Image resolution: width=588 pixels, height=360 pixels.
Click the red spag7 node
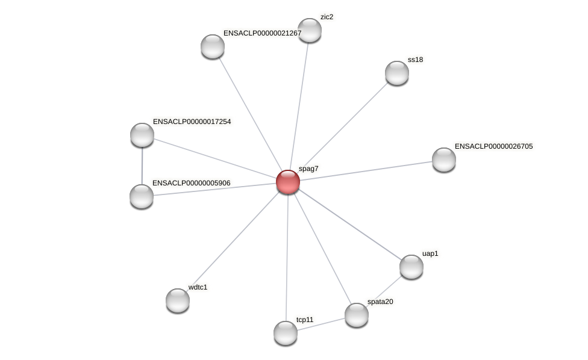click(288, 181)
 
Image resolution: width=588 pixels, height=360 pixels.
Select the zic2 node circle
click(310, 30)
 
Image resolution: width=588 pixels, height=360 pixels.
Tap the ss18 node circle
click(397, 73)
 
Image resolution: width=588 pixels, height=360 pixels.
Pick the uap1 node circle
click(411, 267)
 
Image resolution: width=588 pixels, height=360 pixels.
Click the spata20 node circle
click(357, 315)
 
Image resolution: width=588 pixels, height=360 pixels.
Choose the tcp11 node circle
click(286, 333)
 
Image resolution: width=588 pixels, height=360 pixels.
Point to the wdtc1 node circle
click(178, 300)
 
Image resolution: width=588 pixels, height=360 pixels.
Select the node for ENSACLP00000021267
click(213, 46)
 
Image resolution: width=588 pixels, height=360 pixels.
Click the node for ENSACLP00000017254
click(142, 135)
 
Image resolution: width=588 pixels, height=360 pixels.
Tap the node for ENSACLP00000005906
click(142, 196)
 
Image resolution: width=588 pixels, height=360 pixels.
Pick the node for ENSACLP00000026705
click(444, 160)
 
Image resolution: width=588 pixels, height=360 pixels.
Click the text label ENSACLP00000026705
click(493, 146)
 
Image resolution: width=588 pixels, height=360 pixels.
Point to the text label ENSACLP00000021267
click(262, 33)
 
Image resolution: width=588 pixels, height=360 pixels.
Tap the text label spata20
click(380, 302)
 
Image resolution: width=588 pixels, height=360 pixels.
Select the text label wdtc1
click(198, 287)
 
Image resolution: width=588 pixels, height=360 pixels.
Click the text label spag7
click(308, 169)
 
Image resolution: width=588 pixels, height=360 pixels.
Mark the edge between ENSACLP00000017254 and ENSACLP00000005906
click(142, 166)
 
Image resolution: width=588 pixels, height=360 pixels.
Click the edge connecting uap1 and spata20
click(384, 291)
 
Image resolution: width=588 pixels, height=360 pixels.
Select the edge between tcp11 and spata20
click(321, 324)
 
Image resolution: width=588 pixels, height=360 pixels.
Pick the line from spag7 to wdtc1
click(233, 241)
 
